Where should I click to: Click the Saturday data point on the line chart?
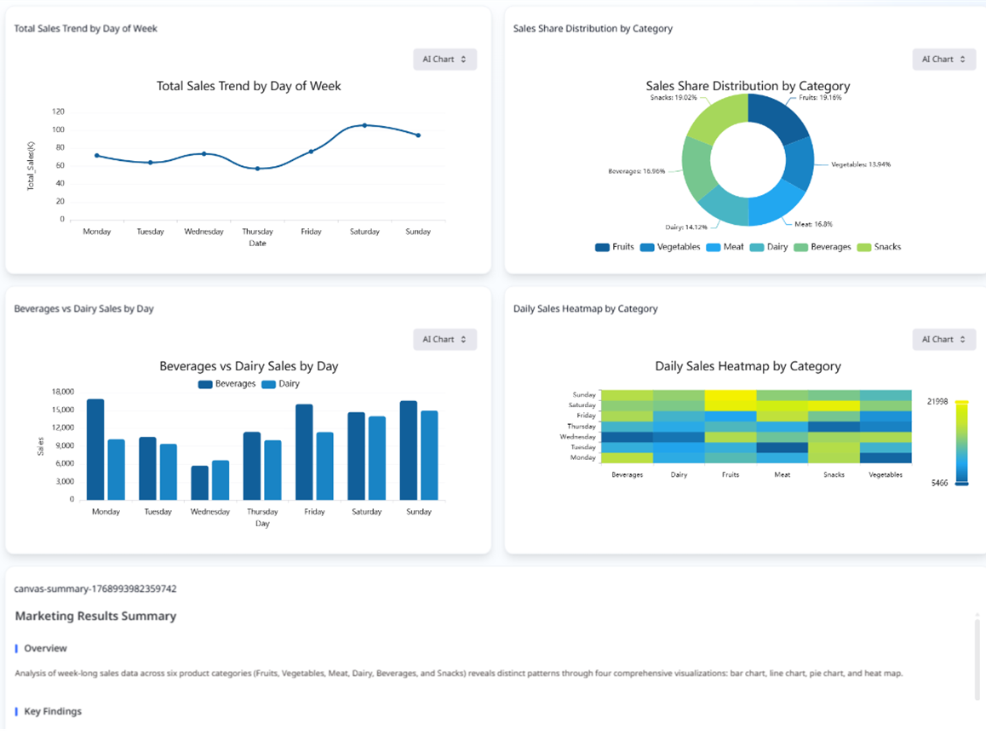[364, 125]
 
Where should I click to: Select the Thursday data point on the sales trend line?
[257, 169]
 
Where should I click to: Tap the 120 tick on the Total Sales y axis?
[58, 112]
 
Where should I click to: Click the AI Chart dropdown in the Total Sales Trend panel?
[444, 60]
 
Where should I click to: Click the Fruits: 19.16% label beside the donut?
[820, 98]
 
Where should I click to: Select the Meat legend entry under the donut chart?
[725, 247]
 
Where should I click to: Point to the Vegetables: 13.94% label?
[861, 164]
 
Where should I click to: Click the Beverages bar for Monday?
[95, 450]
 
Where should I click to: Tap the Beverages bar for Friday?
[304, 452]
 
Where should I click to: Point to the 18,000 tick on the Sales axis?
[63, 392]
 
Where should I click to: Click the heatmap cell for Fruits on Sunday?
[731, 395]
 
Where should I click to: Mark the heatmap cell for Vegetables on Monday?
[886, 457]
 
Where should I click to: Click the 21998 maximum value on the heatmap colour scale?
[937, 401]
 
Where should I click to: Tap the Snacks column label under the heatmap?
[834, 474]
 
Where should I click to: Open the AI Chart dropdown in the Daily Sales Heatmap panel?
[943, 340]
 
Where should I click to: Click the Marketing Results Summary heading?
[95, 617]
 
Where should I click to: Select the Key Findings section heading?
[53, 712]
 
